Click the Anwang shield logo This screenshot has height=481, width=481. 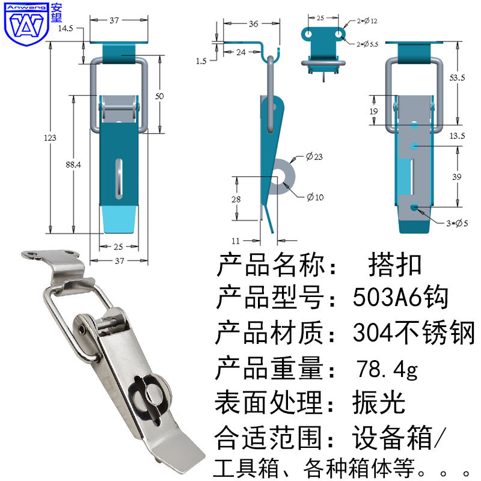[26, 25]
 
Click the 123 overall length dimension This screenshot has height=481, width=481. [50, 138]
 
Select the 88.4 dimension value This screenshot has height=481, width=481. [73, 165]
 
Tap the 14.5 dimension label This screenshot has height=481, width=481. [66, 28]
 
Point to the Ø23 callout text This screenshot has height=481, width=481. [314, 157]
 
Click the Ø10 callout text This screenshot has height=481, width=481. [315, 197]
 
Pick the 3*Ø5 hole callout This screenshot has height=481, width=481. [458, 223]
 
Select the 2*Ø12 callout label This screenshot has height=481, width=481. [367, 21]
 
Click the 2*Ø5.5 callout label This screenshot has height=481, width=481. [367, 44]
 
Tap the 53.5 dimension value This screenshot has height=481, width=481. [458, 78]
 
